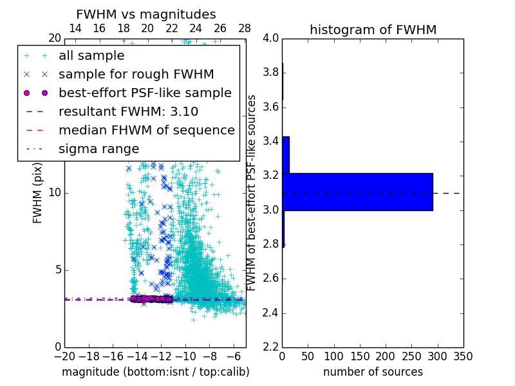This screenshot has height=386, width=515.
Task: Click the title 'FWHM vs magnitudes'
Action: coord(145,14)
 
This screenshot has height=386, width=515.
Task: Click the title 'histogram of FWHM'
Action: coord(373,30)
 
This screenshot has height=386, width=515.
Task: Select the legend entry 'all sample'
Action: coord(91,56)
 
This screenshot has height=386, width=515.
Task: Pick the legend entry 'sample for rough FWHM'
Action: coord(136,74)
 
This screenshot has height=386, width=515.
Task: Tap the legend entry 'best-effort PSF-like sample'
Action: coord(145,93)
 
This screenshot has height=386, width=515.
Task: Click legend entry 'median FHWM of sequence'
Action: coord(146,130)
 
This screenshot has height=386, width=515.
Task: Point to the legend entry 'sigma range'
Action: coord(98,149)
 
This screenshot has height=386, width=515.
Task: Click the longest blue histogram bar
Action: coord(357,192)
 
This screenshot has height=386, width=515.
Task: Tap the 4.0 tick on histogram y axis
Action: coord(271,38)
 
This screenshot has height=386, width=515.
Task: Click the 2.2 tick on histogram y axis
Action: coord(271,347)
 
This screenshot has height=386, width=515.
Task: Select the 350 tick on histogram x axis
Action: coord(464,356)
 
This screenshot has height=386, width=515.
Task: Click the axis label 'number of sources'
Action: coord(373,372)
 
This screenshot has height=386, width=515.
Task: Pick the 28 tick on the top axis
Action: coord(245,28)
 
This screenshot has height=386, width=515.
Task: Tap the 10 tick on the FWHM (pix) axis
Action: coord(55,192)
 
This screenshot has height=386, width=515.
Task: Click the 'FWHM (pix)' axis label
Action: coord(38,192)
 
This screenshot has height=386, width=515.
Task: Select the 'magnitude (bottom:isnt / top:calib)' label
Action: coord(155,372)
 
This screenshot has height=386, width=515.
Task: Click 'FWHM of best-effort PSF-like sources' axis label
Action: coord(252,192)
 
